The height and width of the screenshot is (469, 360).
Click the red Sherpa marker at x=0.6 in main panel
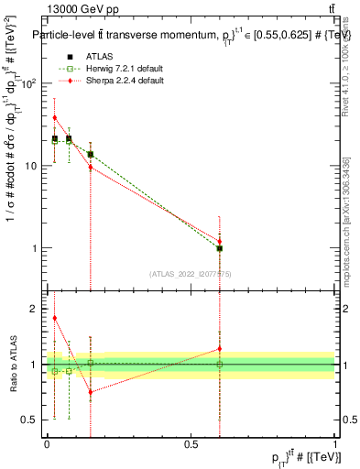(220, 242)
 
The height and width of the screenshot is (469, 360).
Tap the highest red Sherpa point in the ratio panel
(55, 318)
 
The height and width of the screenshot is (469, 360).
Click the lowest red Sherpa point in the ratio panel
(91, 392)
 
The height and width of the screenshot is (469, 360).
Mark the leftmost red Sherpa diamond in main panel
(55, 117)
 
